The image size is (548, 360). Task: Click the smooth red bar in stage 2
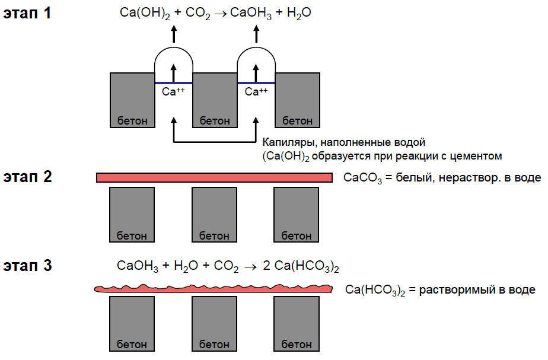(214, 177)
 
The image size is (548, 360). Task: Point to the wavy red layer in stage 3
(214, 288)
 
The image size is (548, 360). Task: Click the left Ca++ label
(174, 92)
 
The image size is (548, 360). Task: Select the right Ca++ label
(256, 92)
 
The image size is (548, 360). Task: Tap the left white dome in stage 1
(174, 65)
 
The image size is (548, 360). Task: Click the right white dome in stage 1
(256, 65)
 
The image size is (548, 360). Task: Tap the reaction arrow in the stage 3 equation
(251, 267)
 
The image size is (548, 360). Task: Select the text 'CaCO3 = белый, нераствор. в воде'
(442, 177)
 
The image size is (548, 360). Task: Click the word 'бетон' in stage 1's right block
(297, 121)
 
